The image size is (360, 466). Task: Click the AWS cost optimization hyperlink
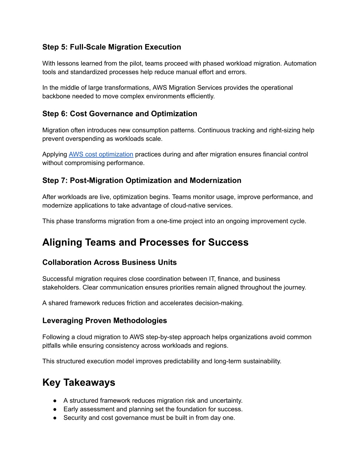click(x=101, y=154)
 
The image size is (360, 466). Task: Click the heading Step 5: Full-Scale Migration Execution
click(x=111, y=47)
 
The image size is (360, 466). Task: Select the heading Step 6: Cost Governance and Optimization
click(x=120, y=114)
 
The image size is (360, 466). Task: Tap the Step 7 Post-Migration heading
click(x=142, y=181)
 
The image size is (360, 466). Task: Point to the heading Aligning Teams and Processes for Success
click(x=145, y=242)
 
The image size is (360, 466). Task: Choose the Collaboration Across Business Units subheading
click(x=109, y=262)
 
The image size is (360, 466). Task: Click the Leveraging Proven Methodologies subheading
click(x=104, y=321)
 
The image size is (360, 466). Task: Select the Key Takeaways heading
click(x=79, y=383)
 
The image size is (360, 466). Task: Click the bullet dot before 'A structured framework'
click(x=55, y=401)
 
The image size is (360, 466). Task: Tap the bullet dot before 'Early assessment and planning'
click(x=55, y=409)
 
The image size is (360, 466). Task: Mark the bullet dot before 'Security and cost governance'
click(x=55, y=418)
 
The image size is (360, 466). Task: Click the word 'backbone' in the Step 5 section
click(x=56, y=96)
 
